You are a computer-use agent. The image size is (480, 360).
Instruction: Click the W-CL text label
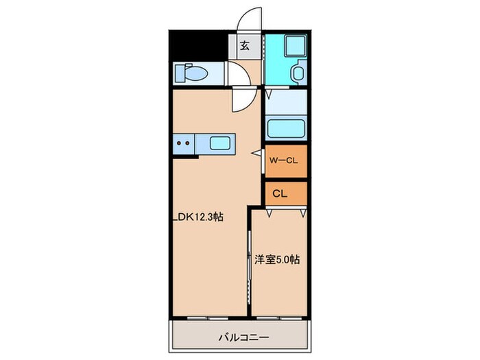click(x=282, y=161)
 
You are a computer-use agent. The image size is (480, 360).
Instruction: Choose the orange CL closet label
click(x=280, y=193)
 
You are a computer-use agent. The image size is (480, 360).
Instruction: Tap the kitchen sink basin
click(x=219, y=144)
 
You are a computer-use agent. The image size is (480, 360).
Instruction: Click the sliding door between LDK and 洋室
click(x=248, y=264)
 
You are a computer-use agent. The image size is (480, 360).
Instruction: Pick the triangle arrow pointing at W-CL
click(x=256, y=154)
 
